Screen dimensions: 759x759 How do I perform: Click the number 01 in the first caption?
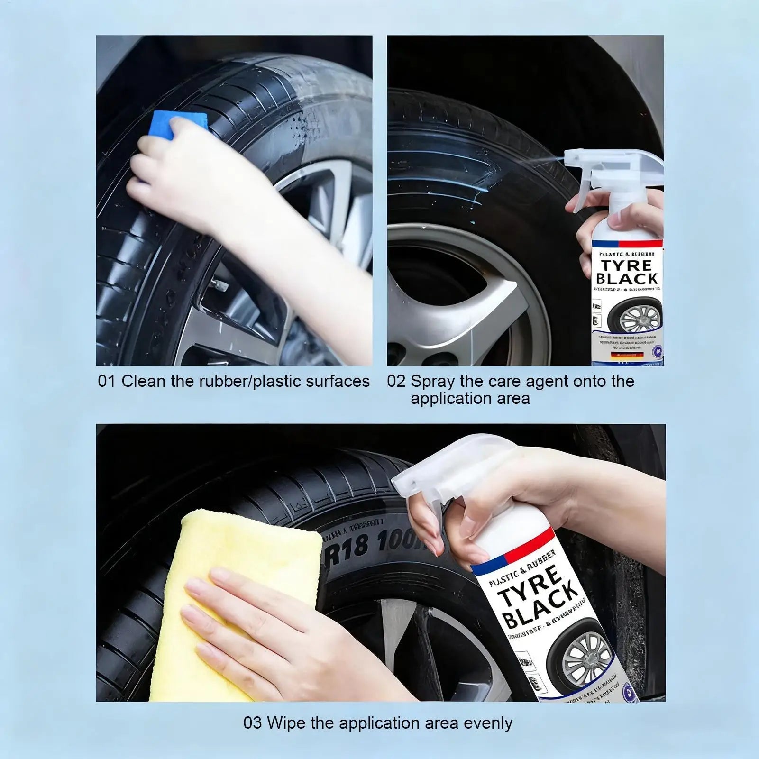(x=106, y=381)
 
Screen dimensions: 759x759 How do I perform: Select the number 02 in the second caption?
(x=396, y=381)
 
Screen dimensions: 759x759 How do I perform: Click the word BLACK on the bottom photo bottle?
(x=540, y=606)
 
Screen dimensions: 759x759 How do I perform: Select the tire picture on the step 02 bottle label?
(x=635, y=315)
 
